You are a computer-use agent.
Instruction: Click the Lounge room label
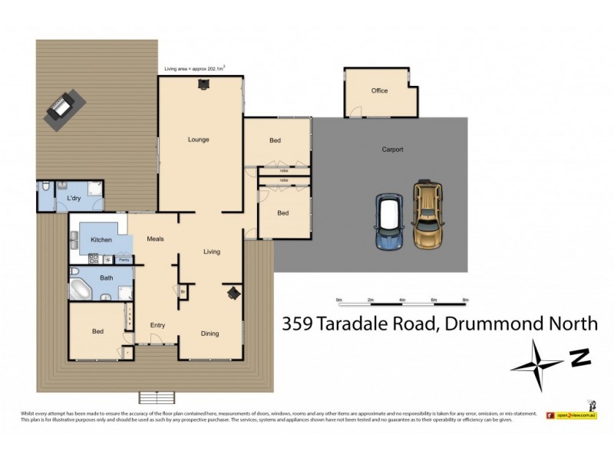pos(199,140)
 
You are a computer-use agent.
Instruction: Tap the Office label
pos(379,90)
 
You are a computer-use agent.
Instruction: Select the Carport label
pos(392,149)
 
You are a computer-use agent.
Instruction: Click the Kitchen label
pos(101,241)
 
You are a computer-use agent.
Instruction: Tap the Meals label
pos(157,239)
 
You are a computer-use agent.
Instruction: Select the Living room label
pos(212,251)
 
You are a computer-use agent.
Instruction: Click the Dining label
pos(210,333)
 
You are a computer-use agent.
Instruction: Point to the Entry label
pos(157,326)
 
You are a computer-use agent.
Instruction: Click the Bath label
pos(106,278)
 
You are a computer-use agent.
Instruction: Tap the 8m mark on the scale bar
pos(465,299)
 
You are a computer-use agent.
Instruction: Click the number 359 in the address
pos(298,324)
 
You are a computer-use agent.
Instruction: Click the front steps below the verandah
pos(157,397)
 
